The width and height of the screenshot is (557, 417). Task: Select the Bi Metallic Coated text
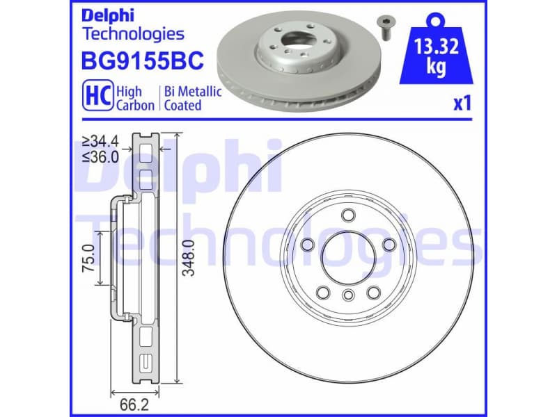coord(191,98)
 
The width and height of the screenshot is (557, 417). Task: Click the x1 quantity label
coord(462,104)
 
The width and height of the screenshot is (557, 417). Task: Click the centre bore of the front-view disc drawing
coord(346,256)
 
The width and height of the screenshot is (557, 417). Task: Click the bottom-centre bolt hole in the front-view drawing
coord(346,297)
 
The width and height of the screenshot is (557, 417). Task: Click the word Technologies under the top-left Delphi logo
coord(133,33)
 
